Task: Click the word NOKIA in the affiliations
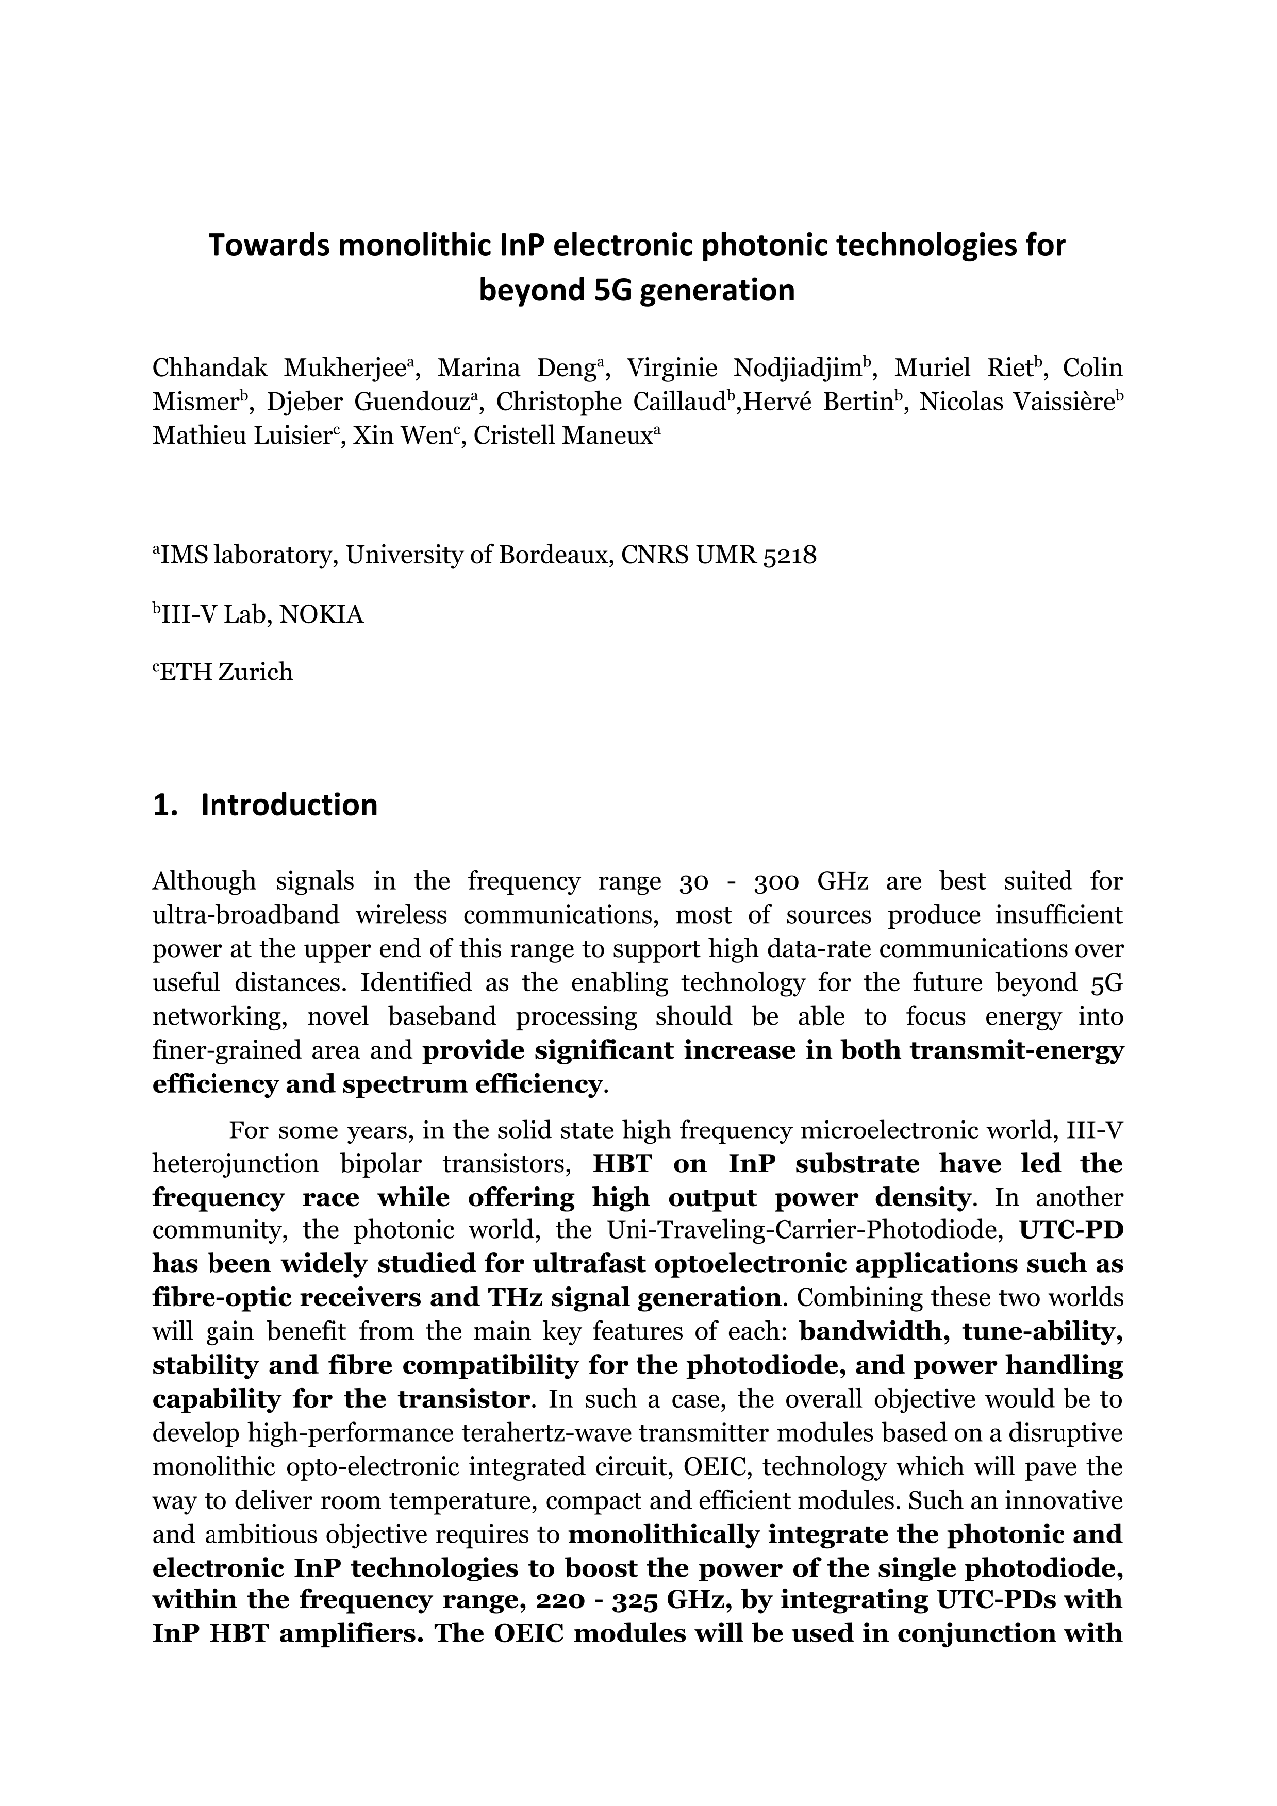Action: [x=321, y=615]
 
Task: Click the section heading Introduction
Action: [x=288, y=805]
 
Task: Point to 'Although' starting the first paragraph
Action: [x=204, y=882]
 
